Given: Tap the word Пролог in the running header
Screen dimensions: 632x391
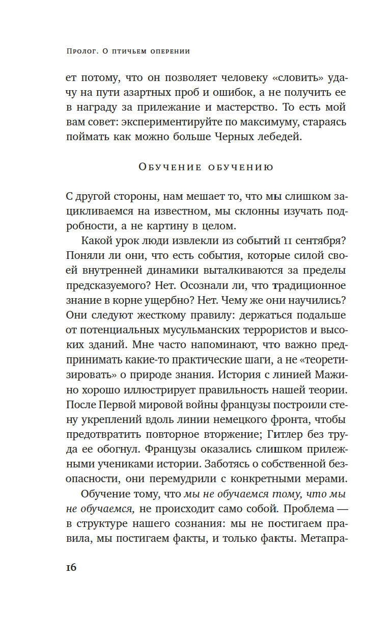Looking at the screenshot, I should (x=85, y=51).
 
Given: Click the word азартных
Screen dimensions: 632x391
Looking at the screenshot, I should (x=160, y=93).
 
